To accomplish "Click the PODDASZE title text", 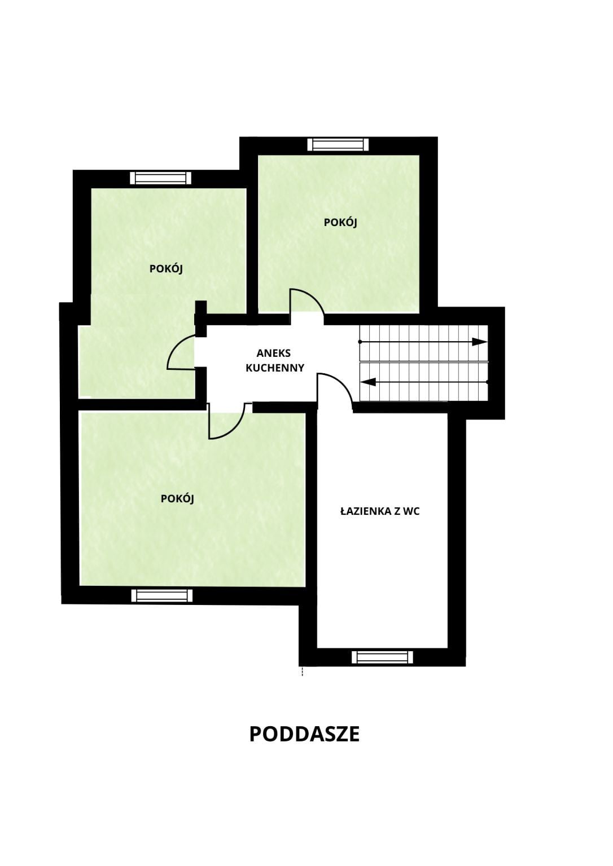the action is (x=304, y=734).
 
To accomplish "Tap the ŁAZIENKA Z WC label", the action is (x=380, y=511).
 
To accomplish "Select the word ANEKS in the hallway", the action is (x=274, y=353).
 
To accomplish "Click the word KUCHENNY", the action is (x=275, y=368).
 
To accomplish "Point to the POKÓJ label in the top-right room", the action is (x=340, y=223).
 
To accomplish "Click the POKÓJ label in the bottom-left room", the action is (x=177, y=499).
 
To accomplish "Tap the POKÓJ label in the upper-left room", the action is (x=166, y=269).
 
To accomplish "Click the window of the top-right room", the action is (x=338, y=144).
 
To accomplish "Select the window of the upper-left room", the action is (x=161, y=178).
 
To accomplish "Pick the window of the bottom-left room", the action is (x=162, y=596).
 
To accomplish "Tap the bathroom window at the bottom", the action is (x=382, y=657).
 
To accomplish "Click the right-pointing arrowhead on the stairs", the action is (x=480, y=342).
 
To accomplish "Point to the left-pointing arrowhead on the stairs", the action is (x=368, y=382).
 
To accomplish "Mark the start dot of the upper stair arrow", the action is (x=360, y=342).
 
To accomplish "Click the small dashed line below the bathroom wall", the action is (x=302, y=671).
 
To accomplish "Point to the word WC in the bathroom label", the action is (x=411, y=511).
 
